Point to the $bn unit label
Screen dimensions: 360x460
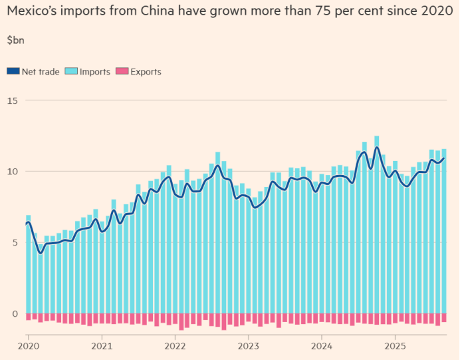coord(15,40)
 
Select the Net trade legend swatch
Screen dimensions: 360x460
coord(13,72)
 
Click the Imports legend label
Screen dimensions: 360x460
coord(95,72)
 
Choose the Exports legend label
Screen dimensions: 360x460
coord(146,72)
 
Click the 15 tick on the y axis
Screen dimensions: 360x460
coord(13,100)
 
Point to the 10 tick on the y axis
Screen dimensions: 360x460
coord(13,171)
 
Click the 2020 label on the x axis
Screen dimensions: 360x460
coord(28,346)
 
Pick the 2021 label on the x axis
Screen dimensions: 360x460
coord(102,346)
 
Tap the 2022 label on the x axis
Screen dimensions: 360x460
coord(175,346)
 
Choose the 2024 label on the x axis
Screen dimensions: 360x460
coord(322,346)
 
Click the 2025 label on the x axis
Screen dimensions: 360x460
coord(395,346)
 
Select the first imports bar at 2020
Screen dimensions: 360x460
coord(28,266)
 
